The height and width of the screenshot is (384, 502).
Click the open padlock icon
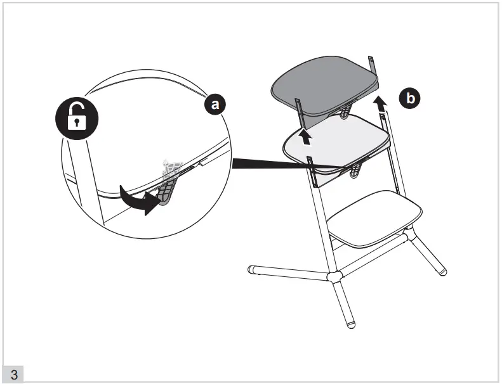coord(77,118)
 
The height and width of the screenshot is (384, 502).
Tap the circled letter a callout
coord(215,104)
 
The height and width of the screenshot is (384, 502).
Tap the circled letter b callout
coord(410,98)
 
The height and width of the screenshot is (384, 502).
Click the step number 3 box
coord(13,374)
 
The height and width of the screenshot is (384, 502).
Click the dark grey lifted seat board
coord(325,86)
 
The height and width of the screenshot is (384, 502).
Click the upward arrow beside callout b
coord(380,104)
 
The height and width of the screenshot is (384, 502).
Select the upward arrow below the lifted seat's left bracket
coord(306,136)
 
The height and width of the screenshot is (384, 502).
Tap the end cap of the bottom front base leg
coord(351,325)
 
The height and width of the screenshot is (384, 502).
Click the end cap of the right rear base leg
coord(442,272)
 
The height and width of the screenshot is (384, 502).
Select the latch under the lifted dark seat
coord(345,112)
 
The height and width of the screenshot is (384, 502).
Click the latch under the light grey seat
coord(354,170)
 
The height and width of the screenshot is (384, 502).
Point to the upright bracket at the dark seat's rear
coord(371,66)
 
